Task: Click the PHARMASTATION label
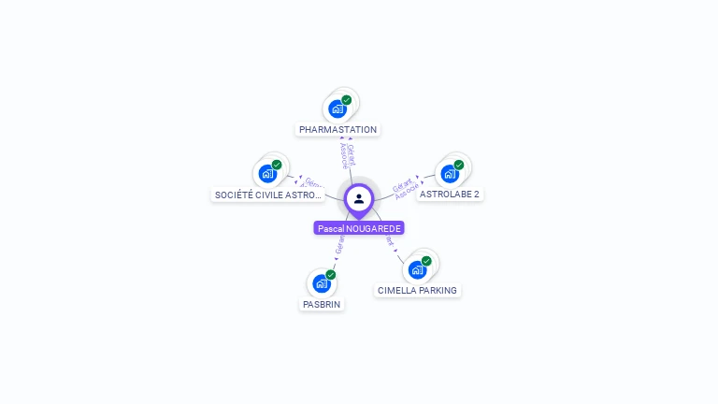337,130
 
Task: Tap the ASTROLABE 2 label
450,195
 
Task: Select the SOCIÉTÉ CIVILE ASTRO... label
268,195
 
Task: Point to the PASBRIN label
322,305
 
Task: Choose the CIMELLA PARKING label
417,291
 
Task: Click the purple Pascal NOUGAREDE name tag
359,228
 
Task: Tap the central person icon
359,198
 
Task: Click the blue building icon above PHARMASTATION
337,108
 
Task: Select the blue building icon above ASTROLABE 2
450,174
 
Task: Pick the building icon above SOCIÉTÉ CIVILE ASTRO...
267,174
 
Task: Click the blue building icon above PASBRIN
322,283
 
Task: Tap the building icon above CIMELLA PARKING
417,270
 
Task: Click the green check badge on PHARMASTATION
347,100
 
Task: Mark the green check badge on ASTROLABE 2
459,165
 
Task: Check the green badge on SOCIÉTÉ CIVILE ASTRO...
277,165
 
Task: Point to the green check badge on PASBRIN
331,275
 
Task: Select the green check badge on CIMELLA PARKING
426,261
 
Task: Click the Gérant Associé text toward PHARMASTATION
346,155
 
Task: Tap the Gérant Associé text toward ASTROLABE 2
405,187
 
